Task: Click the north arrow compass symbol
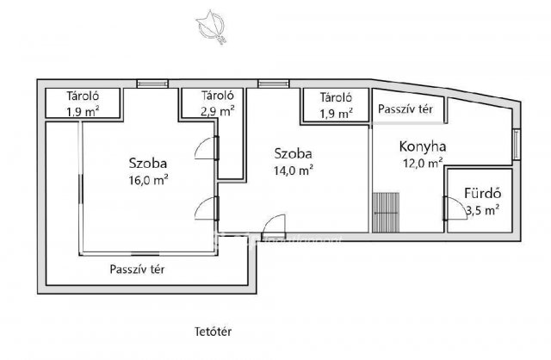tap(211, 27)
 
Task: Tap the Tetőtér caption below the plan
tap(214, 332)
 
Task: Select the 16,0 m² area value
tap(148, 180)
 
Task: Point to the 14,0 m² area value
tap(294, 171)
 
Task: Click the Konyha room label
tap(423, 146)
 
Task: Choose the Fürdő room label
tap(483, 194)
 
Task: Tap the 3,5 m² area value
tap(483, 210)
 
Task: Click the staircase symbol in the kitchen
tap(386, 213)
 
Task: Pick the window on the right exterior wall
tap(517, 145)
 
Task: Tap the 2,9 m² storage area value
tap(218, 111)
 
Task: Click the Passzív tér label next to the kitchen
tap(406, 109)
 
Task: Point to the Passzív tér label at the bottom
tap(137, 270)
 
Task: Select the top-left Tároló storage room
tap(83, 103)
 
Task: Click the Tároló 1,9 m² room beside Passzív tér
tap(336, 105)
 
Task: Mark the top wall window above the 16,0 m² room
tap(152, 84)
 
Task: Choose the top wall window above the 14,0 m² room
tap(274, 84)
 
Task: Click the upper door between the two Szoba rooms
tap(207, 148)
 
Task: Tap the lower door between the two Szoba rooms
tap(207, 208)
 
